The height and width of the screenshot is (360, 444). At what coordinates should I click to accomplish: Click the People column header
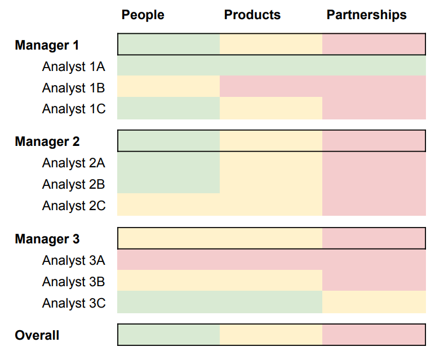point(143,15)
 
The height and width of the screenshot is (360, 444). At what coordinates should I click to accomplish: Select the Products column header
point(252,15)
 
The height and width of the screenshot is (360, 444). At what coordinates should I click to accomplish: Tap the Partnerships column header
point(366,15)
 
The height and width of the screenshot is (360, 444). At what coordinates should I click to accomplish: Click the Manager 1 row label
point(47,45)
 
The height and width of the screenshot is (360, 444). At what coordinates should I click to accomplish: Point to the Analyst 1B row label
point(73,88)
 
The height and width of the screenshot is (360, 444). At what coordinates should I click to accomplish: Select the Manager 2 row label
point(47,141)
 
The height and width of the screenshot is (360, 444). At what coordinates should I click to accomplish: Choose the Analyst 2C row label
point(73,206)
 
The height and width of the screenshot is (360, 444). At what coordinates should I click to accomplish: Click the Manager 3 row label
point(47,239)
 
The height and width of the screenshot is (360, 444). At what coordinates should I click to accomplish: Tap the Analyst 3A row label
point(73,260)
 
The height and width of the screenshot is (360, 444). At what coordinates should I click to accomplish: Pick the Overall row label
point(37,335)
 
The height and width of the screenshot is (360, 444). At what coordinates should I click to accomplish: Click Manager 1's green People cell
point(168,45)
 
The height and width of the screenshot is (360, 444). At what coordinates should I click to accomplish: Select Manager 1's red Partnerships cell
point(374,45)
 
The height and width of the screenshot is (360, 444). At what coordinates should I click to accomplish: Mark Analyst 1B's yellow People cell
point(168,87)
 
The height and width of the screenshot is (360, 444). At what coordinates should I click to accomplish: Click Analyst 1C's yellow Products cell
point(271,108)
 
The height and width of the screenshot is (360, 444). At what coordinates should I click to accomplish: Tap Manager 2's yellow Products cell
point(271,141)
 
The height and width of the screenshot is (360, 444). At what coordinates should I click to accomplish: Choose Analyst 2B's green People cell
point(168,184)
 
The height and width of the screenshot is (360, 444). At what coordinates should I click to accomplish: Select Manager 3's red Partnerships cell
point(374,238)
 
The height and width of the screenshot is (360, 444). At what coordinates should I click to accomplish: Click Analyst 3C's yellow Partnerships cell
point(374,303)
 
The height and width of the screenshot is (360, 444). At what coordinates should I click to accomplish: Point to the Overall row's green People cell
point(168,335)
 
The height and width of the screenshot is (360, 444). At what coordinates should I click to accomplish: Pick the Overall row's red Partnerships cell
point(374,335)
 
